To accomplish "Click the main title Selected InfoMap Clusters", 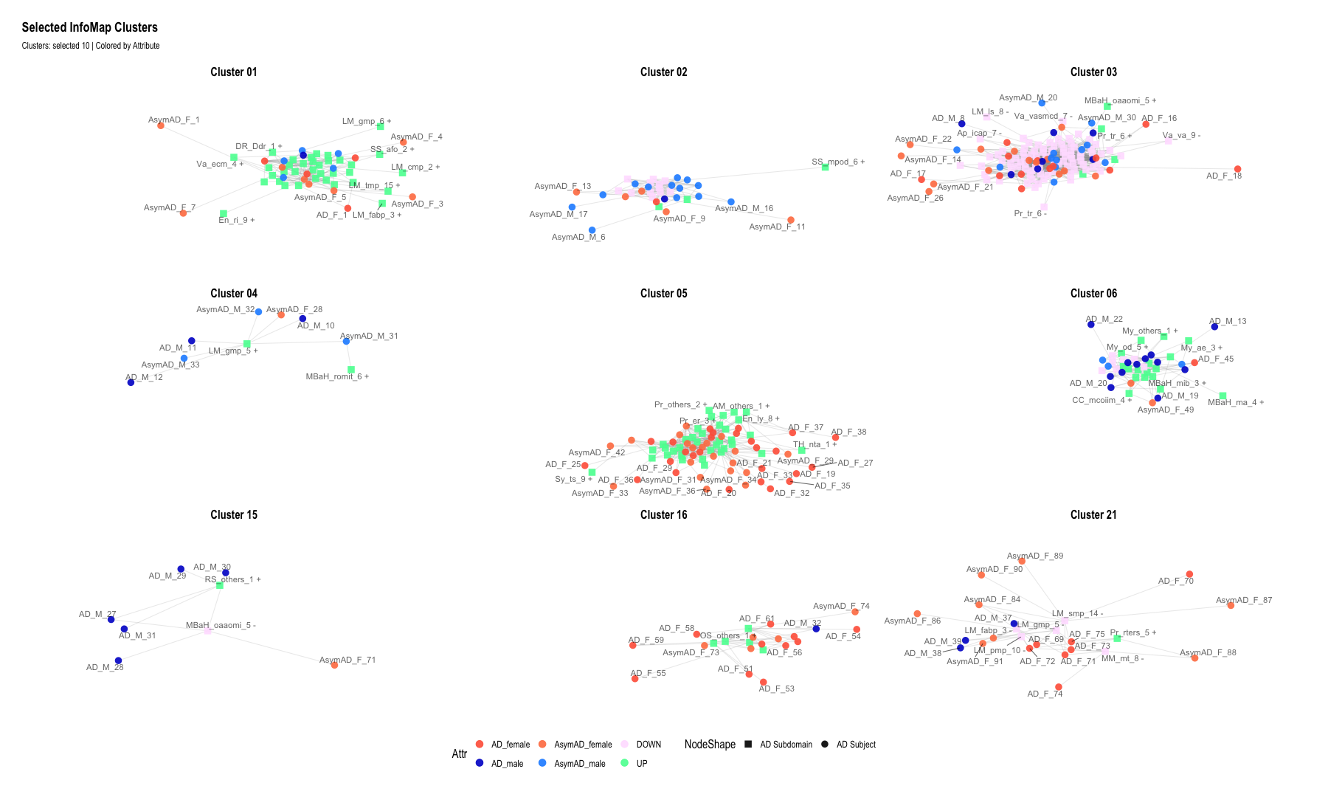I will tap(89, 27).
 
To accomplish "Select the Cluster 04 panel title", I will tap(234, 293).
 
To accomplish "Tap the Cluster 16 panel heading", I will tap(663, 514).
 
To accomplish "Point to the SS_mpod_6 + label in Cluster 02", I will tap(838, 162).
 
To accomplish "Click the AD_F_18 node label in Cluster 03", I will tap(1224, 176).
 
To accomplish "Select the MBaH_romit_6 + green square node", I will tap(351, 369).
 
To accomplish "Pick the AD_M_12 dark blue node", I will tap(131, 382).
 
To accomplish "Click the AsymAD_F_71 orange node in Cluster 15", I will tap(335, 665).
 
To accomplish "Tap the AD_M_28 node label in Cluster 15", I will tap(105, 667).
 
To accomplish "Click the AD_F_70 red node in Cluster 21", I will tap(1189, 574).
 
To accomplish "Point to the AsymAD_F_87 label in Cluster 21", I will tap(1244, 600).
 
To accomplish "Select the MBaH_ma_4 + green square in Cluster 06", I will tap(1222, 396).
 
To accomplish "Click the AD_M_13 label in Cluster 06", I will tap(1228, 321).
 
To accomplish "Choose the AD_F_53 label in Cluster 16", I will tap(777, 689).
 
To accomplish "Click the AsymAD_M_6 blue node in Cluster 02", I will tap(592, 230).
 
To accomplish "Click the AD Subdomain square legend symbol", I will tap(748, 745).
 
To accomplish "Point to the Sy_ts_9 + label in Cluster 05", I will tap(573, 479).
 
